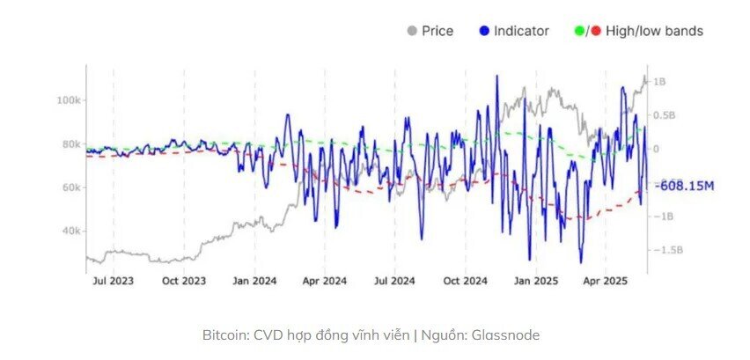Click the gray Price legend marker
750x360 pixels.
pos(410,31)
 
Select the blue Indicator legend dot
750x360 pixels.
pos(483,31)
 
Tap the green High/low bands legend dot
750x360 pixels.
pos(577,31)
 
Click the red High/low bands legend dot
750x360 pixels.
pos(596,31)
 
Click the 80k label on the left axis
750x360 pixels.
pos(70,144)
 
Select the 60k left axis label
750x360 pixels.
pos(70,187)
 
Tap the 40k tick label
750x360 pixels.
pos(70,231)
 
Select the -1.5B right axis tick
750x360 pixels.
pos(667,250)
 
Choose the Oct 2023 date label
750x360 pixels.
pos(184,282)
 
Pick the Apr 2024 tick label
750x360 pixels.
pos(324,282)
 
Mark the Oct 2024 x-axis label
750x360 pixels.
pos(465,282)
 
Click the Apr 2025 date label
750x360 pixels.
pos(605,282)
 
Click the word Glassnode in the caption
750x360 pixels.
pos(506,335)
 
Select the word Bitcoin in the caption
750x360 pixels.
pos(225,335)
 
